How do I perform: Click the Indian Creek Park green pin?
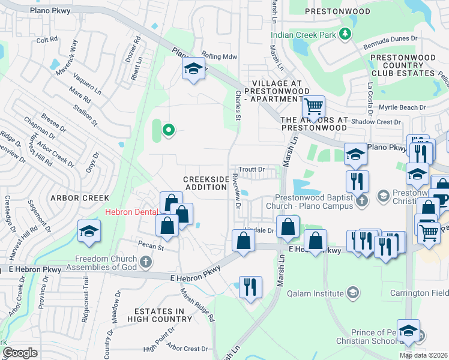(346, 34)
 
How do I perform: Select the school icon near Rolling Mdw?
(193, 70)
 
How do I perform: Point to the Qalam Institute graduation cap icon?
(354, 293)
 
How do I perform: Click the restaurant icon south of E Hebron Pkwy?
(250, 286)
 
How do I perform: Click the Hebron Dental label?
(133, 211)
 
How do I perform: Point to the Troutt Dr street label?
(252, 170)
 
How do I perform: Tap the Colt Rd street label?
(47, 40)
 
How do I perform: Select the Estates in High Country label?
(159, 315)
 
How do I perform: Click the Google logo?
(20, 353)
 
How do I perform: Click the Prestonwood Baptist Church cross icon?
(361, 201)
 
